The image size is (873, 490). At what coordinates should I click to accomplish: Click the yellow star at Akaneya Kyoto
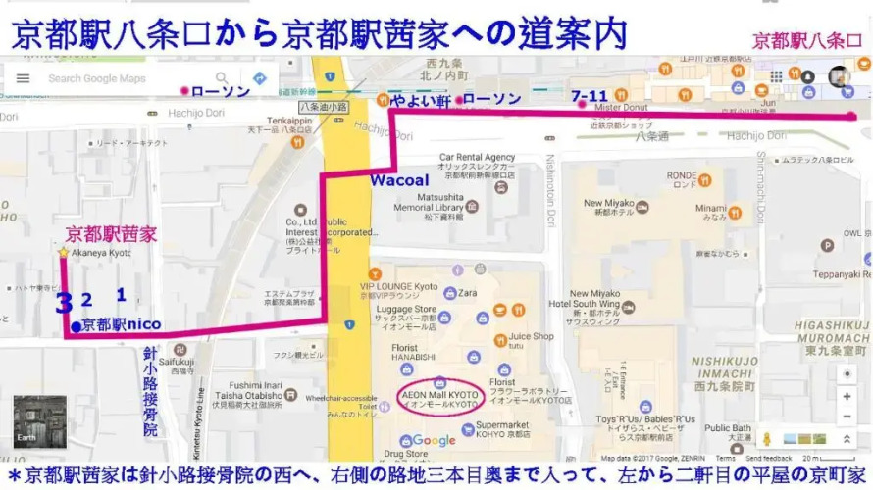coord(64,253)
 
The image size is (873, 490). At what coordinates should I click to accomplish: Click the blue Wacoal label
coord(398,181)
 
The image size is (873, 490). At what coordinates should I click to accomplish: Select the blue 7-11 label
coord(589,96)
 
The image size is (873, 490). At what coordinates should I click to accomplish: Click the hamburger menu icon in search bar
coord(23,78)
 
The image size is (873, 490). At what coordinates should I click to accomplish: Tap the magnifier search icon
coord(223,78)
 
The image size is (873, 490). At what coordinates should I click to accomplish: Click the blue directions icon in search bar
coord(260,78)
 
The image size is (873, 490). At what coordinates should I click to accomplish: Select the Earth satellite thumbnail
coord(39,421)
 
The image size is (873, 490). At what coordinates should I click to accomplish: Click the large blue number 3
coord(64,302)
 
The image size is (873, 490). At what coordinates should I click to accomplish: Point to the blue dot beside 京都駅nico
coord(76,326)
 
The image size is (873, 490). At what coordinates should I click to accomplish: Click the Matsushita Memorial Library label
coord(427,208)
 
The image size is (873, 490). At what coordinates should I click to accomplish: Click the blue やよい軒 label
coord(419,99)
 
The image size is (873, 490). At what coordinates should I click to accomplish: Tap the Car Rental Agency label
coord(477,157)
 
